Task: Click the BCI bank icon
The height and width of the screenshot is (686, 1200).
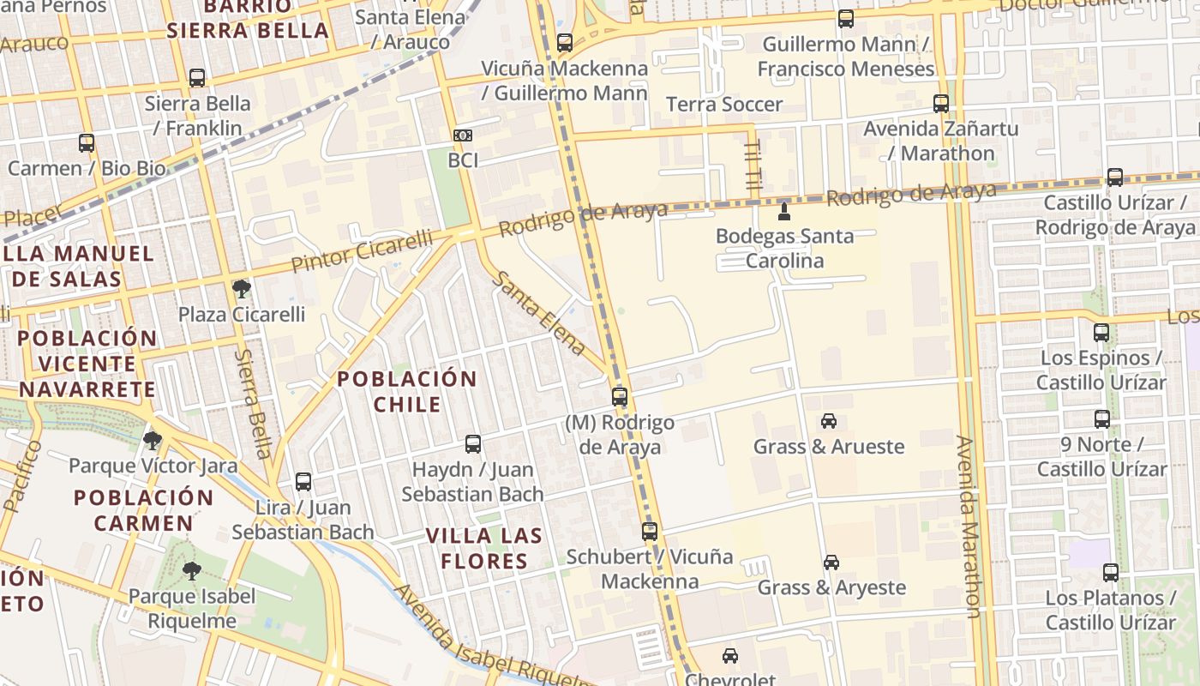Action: coord(463,135)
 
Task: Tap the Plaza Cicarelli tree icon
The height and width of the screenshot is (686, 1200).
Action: coord(242,289)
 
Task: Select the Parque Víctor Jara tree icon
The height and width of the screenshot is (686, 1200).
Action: coord(153,441)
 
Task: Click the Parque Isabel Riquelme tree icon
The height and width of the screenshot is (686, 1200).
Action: coord(192,570)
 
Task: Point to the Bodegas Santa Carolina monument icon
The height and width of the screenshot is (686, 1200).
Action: coord(783,210)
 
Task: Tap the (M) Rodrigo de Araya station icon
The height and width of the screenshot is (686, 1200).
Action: coord(620,397)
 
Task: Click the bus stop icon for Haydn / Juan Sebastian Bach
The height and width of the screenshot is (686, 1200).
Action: coord(473,444)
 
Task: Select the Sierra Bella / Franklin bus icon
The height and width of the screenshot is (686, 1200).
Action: coord(197,78)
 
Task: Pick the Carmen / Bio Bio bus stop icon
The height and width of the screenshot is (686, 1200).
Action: coord(87,143)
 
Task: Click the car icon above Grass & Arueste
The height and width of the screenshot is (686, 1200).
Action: coord(829,421)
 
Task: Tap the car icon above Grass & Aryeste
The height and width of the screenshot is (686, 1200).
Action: coord(831,563)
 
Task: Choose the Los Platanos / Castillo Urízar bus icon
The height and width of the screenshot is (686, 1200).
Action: coord(1111,573)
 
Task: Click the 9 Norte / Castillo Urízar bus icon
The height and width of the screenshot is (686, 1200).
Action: coord(1102,419)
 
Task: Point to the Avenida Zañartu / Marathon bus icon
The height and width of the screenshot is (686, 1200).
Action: coord(941,104)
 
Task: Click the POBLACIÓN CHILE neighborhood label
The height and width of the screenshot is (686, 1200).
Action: coord(407,391)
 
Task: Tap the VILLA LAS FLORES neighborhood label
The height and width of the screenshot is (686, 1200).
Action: coord(485,549)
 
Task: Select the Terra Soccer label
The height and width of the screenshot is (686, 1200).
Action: coord(725,105)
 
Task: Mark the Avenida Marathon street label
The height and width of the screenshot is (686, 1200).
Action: coord(968,527)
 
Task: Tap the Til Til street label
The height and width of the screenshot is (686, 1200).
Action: coord(753,168)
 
